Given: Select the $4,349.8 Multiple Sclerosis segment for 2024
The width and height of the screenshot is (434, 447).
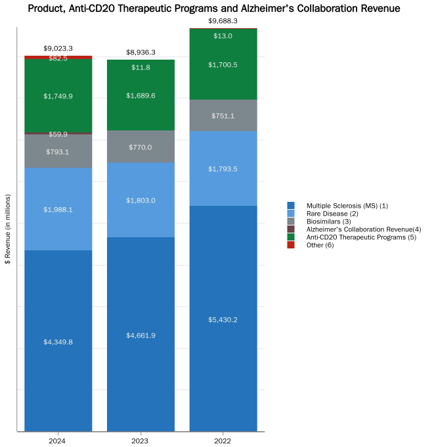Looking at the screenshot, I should click(58, 341).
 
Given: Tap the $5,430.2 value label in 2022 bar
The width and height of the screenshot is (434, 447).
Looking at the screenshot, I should click(223, 320).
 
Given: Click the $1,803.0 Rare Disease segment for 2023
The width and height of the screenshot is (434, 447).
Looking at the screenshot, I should click(141, 200).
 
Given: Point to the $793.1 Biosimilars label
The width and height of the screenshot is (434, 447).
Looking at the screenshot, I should click(58, 152).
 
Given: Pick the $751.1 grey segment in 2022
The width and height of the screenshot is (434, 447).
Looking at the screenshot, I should click(223, 115).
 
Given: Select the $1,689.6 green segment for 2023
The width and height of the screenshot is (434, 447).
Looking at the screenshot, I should click(141, 95).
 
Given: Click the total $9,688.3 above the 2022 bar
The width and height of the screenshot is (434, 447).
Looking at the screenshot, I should click(223, 21).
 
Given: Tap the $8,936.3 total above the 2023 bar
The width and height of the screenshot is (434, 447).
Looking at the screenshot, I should click(141, 52).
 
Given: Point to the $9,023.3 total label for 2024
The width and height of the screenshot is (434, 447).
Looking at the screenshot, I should click(58, 49).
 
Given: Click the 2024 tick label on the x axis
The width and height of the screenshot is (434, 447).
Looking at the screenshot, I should click(58, 441).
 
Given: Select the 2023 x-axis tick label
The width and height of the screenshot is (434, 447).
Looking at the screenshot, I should click(141, 441).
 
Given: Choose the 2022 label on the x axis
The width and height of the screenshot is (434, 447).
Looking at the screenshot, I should click(223, 441).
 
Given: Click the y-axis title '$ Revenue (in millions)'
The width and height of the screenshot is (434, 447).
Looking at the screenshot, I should click(8, 229).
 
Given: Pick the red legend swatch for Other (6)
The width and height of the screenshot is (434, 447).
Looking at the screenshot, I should click(291, 245).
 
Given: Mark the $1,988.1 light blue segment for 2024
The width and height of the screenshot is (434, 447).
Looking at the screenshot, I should click(58, 209).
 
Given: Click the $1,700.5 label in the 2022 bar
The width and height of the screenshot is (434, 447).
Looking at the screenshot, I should click(223, 65).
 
